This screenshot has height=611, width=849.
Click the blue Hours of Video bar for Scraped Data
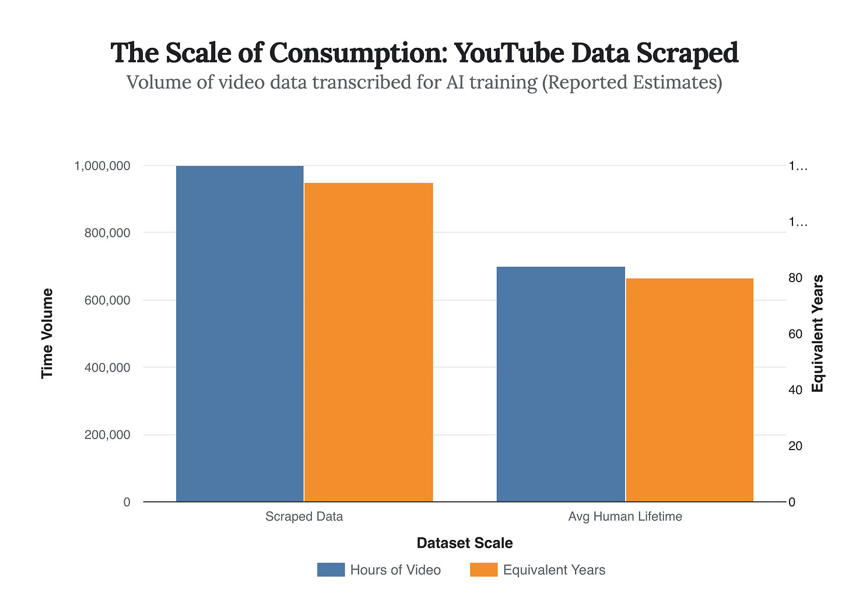240,333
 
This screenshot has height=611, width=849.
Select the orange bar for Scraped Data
369,342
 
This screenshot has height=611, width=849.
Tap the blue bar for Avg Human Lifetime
560,384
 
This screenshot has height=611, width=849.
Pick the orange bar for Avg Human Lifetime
689,390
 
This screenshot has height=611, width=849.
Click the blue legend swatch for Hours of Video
331,570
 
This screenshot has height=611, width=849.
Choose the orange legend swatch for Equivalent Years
483,570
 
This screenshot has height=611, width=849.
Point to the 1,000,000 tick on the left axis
102,166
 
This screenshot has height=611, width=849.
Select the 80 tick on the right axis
795,278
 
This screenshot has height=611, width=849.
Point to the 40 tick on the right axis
795,390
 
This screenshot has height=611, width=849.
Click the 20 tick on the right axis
795,446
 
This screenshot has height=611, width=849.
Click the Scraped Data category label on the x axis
304,517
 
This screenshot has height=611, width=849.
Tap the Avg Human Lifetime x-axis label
625,517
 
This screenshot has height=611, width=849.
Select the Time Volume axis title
47,333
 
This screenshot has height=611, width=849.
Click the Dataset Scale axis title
465,543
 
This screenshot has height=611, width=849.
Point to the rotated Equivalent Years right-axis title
818,333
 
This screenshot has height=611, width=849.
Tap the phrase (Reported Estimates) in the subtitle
632,82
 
